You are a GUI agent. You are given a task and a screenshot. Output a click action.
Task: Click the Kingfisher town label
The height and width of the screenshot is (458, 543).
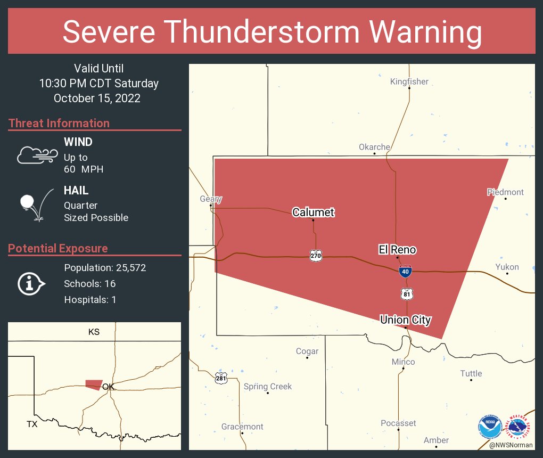pos(409,81)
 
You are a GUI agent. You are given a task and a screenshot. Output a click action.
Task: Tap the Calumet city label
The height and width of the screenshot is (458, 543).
pos(313,212)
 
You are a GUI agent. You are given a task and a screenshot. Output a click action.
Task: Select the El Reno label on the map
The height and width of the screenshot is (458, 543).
pos(397,249)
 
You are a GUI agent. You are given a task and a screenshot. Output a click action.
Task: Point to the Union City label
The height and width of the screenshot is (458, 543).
pos(405,320)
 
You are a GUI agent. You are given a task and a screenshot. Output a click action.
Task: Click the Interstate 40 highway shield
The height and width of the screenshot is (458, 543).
pos(405,272)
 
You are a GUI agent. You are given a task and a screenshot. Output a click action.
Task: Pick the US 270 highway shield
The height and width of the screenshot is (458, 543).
pos(316,256)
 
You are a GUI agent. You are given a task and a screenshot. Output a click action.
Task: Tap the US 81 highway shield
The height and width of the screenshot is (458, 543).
pos(407,293)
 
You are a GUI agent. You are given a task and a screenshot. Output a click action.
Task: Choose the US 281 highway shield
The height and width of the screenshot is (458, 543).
pos(221,378)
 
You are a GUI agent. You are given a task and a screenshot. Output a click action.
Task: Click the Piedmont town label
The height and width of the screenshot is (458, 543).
pos(505,192)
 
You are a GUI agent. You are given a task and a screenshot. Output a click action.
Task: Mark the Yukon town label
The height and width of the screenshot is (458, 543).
pos(507,267)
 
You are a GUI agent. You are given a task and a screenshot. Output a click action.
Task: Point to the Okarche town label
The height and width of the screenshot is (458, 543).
pos(374,147)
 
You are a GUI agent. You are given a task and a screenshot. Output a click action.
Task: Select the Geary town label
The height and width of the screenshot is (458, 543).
pos(210,199)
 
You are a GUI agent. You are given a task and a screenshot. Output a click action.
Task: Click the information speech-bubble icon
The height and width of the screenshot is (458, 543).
pos(31,283)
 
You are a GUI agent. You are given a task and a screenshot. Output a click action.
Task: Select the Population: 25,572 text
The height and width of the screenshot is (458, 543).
pos(105,267)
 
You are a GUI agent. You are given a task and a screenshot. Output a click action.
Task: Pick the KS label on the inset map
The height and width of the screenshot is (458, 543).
pos(94,332)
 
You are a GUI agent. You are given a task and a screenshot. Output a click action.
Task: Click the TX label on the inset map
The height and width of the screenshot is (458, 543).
pos(32,424)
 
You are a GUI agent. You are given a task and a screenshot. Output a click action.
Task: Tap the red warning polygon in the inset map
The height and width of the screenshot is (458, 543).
pos(93,384)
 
